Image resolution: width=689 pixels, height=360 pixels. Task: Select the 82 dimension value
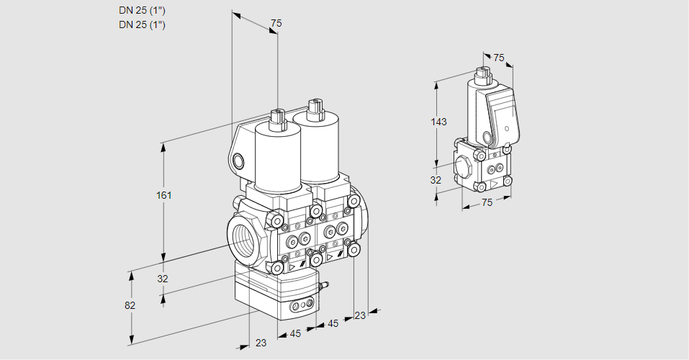click(130, 305)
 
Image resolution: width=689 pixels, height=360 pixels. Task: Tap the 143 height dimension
click(438, 122)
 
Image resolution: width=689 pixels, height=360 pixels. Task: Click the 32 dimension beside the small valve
click(436, 180)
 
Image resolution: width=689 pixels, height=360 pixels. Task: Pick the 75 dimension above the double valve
click(275, 24)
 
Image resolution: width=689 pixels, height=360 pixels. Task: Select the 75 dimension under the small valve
click(487, 203)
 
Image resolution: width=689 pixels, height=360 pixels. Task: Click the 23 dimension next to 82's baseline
click(261, 343)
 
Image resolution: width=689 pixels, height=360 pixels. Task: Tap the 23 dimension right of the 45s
click(360, 315)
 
